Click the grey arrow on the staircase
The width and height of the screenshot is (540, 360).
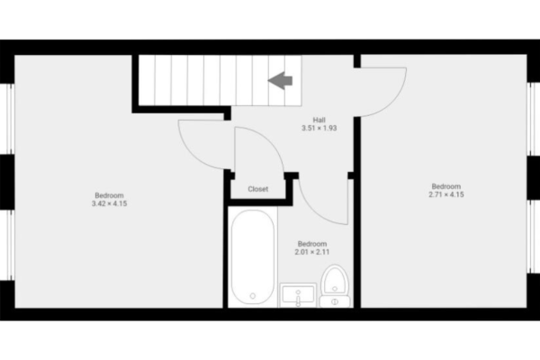click(x=282, y=80)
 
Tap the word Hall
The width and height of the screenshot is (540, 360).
click(x=319, y=120)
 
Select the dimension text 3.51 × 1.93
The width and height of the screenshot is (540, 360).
click(x=319, y=129)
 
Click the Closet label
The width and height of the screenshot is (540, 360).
click(x=258, y=189)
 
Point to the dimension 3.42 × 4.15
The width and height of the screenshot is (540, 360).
click(x=109, y=204)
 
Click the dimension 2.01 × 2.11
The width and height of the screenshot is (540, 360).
click(x=311, y=252)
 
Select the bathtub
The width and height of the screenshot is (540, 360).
click(x=252, y=256)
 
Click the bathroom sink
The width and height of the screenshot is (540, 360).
click(x=298, y=295)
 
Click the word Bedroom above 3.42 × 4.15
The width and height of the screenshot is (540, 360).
click(x=109, y=195)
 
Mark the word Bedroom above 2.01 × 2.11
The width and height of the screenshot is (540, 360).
click(x=311, y=243)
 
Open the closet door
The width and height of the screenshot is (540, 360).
click(x=247, y=148)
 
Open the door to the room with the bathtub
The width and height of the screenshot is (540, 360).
click(x=319, y=202)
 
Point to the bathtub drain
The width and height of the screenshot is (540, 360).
click(x=252, y=295)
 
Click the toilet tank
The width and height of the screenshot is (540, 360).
click(x=335, y=301)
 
